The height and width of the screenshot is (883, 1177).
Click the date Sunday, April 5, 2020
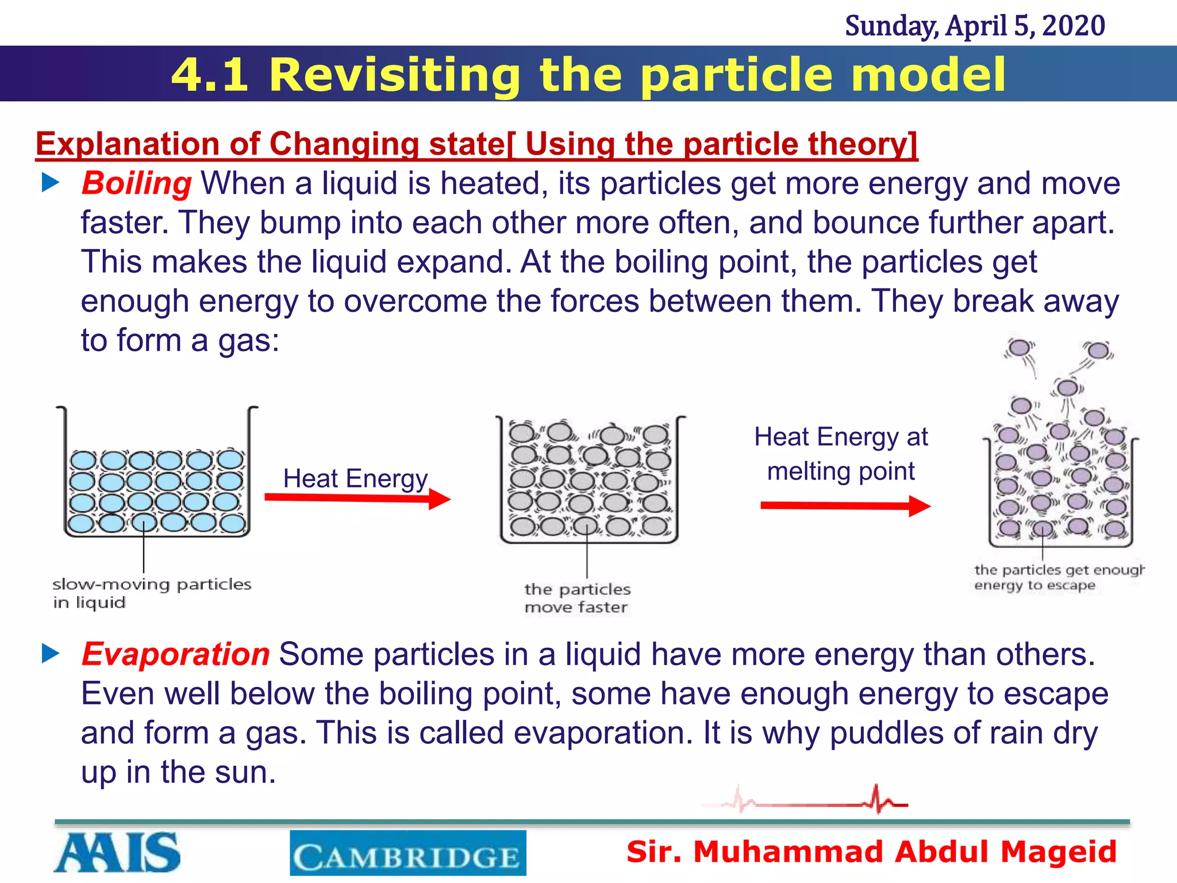[x=975, y=26]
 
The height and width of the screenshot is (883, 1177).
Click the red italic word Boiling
[x=136, y=184]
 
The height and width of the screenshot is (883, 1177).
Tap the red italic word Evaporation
[x=175, y=654]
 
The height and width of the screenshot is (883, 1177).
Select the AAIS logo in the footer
[x=117, y=852]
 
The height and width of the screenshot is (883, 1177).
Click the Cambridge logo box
[x=407, y=853]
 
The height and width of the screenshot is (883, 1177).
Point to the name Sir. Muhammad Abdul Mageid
[x=871, y=851]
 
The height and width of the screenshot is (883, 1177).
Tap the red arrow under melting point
[x=845, y=506]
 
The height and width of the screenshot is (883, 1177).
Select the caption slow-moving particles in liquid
[x=152, y=593]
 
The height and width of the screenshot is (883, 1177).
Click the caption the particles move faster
[x=577, y=598]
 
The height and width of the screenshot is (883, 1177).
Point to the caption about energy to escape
[x=1059, y=577]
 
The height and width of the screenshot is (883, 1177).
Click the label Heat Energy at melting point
[x=841, y=454]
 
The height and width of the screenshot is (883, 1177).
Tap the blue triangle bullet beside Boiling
[x=51, y=183]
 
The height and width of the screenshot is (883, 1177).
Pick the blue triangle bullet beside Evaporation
[x=51, y=654]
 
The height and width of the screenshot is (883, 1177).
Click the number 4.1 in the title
[x=210, y=75]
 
